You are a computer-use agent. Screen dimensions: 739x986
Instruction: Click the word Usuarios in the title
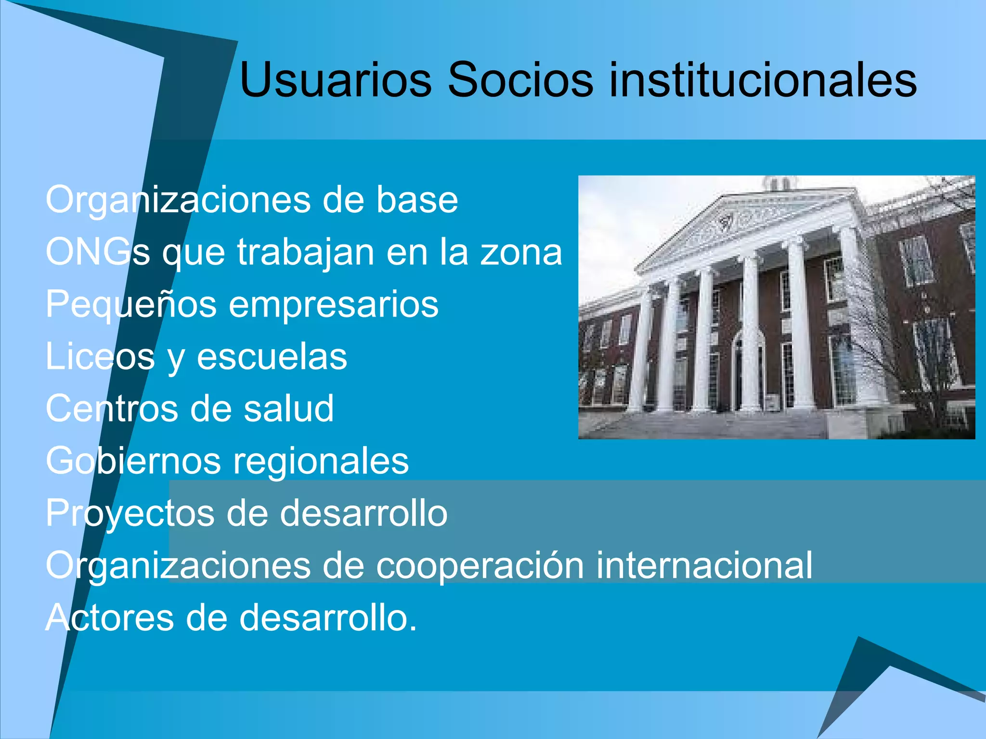[336, 79]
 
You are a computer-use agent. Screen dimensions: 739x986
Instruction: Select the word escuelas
[272, 357]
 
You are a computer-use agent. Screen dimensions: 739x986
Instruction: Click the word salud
[288, 408]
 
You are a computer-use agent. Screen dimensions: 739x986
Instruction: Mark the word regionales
[321, 461]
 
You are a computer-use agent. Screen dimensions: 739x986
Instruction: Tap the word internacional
[704, 565]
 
